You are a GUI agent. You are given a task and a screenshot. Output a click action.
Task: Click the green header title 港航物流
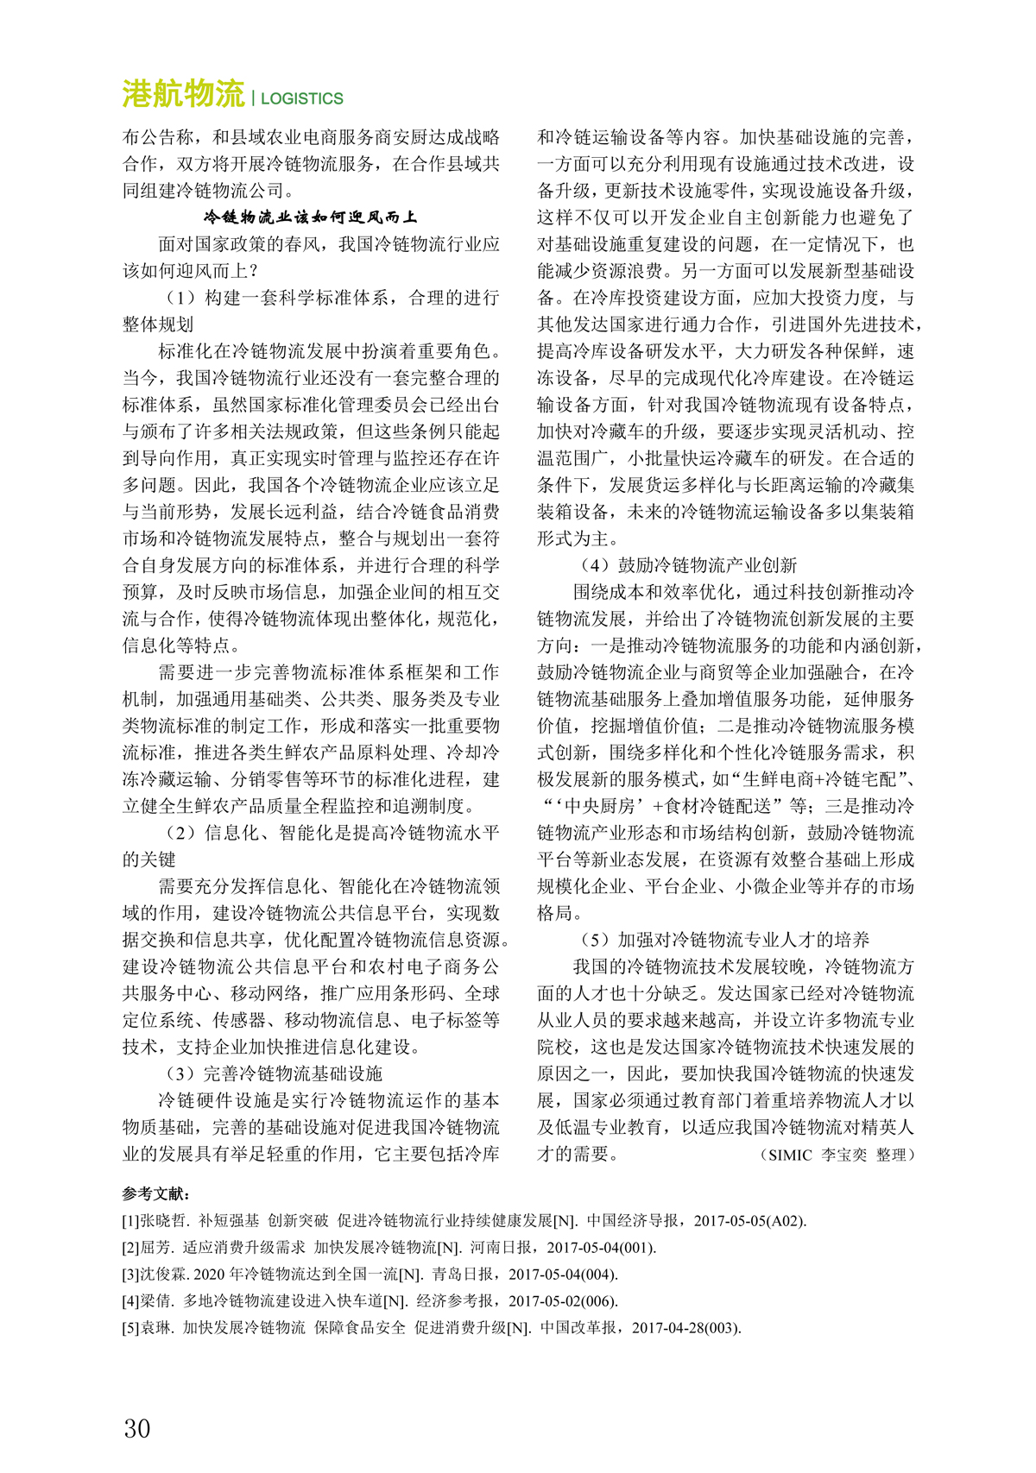(183, 94)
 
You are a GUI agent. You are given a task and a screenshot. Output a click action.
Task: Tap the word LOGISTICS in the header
(302, 98)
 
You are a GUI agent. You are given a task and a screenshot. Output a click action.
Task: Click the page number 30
(137, 1428)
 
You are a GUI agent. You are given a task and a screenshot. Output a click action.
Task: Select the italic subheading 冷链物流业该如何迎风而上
(311, 217)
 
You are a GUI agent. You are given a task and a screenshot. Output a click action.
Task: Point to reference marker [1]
(131, 1221)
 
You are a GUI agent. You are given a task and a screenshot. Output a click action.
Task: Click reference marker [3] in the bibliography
(131, 1275)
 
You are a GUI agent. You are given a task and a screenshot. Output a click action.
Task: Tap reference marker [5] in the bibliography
(131, 1328)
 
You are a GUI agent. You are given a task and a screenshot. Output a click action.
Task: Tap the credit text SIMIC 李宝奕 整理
(837, 1155)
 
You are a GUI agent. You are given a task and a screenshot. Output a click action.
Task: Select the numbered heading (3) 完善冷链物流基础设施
(275, 1073)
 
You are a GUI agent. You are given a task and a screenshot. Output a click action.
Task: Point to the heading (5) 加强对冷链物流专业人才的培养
(725, 940)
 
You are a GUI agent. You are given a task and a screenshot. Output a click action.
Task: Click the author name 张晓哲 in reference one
(164, 1221)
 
